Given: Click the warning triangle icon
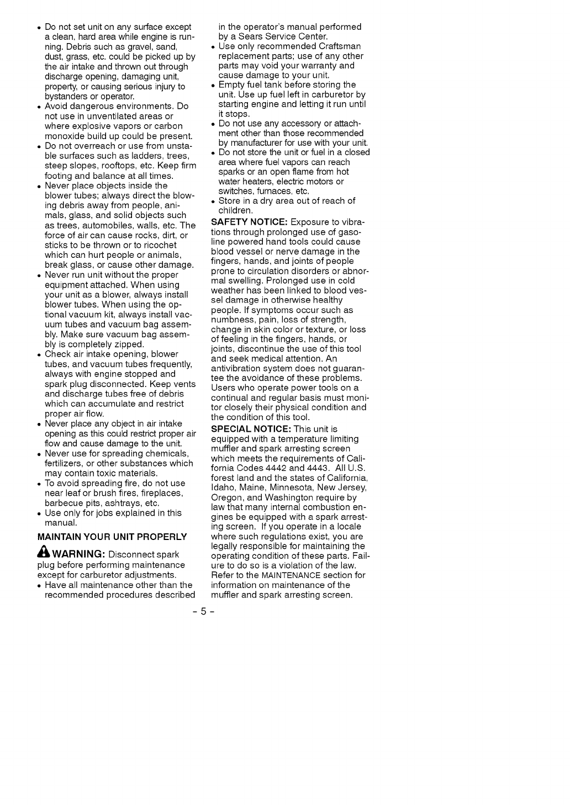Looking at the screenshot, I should pyautogui.click(x=44, y=554).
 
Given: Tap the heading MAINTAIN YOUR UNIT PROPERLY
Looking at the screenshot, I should pyautogui.click(x=112, y=537).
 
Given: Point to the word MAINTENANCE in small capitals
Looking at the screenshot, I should pyautogui.click(x=287, y=575).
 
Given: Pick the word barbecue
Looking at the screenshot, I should pyautogui.click(x=63, y=503).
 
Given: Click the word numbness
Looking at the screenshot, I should pyautogui.click(x=231, y=320).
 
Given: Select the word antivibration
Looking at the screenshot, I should pyautogui.click(x=239, y=368).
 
